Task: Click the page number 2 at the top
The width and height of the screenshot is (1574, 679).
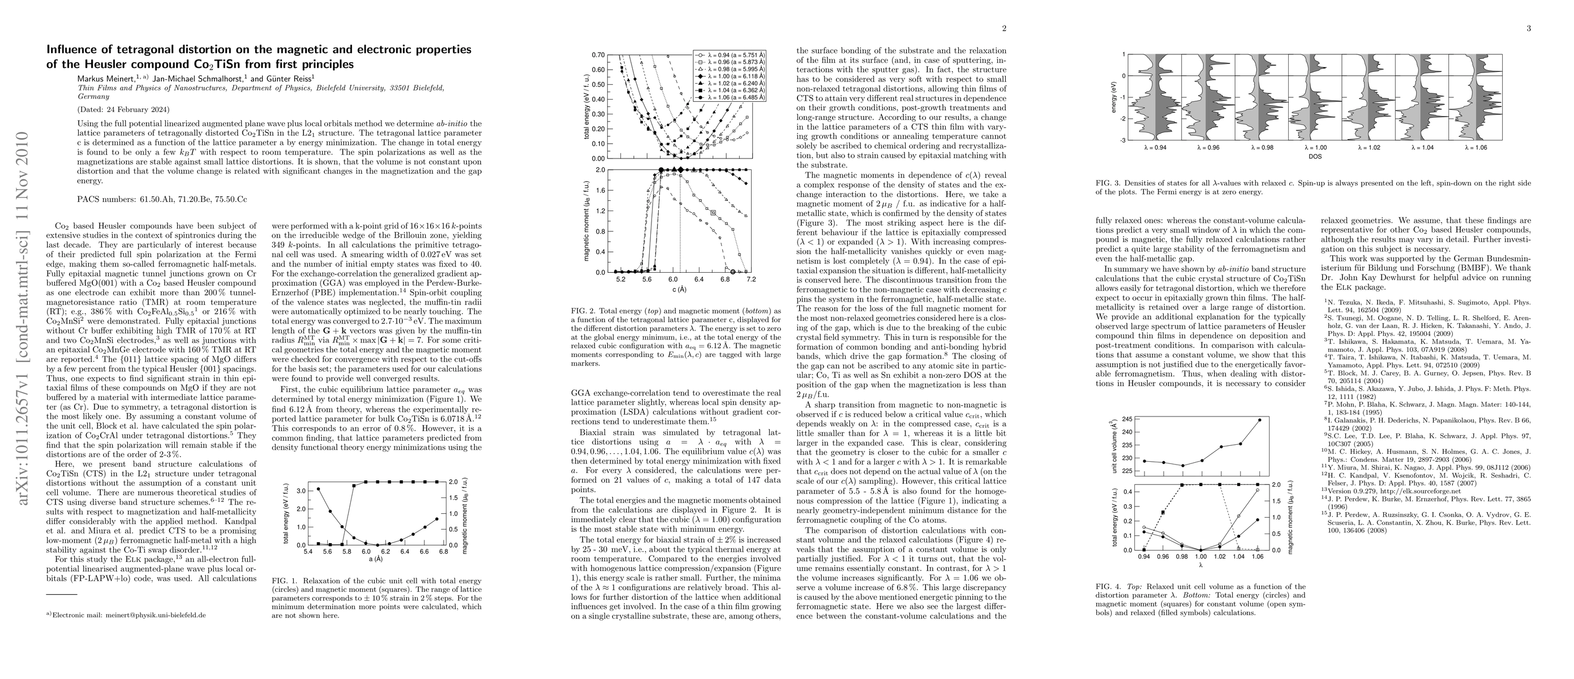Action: [x=1004, y=28]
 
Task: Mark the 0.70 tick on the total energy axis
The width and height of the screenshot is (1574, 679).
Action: [x=598, y=55]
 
